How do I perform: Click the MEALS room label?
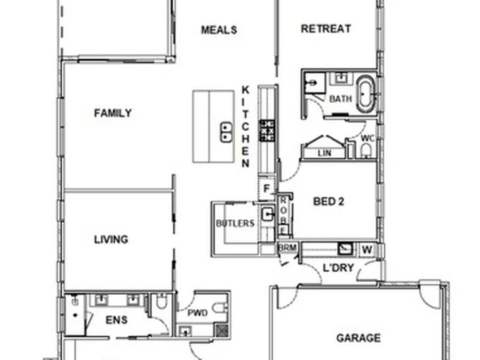click(219, 30)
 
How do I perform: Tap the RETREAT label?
click(325, 29)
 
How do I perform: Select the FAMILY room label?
click(113, 113)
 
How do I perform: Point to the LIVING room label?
click(111, 239)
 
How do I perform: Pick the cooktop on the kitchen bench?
click(267, 130)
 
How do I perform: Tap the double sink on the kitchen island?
click(225, 132)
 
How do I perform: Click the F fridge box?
click(266, 188)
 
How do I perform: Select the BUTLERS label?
click(235, 223)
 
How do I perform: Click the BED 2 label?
click(328, 202)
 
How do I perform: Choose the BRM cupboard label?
click(287, 248)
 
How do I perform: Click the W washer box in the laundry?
click(367, 249)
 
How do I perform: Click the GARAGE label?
click(358, 339)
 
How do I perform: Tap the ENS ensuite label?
click(117, 321)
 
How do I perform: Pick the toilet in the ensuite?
click(161, 305)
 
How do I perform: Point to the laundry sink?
click(345, 249)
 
